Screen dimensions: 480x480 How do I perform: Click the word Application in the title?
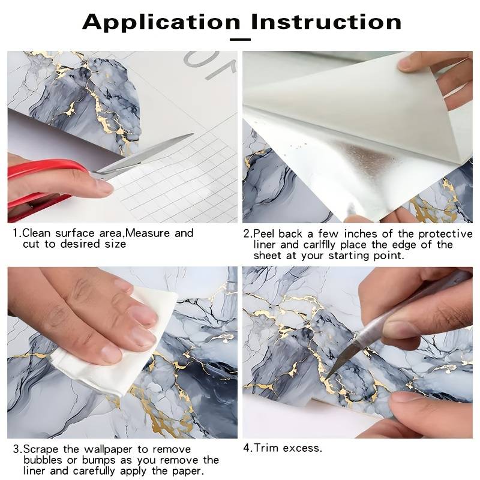[x=161, y=22]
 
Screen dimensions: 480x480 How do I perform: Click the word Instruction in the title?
[x=326, y=22]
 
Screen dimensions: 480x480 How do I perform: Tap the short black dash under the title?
[x=241, y=40]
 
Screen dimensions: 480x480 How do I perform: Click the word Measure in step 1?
[x=148, y=233]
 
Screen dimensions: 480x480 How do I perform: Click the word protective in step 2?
[x=446, y=234]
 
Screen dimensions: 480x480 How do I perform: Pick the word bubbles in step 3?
[x=43, y=460]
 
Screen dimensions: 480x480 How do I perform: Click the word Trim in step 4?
[x=266, y=448]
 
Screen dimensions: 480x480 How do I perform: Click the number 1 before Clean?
[x=16, y=233]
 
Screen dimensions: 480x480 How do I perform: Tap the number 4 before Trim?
[x=247, y=448]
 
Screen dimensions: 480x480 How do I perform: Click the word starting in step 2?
[x=350, y=256]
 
